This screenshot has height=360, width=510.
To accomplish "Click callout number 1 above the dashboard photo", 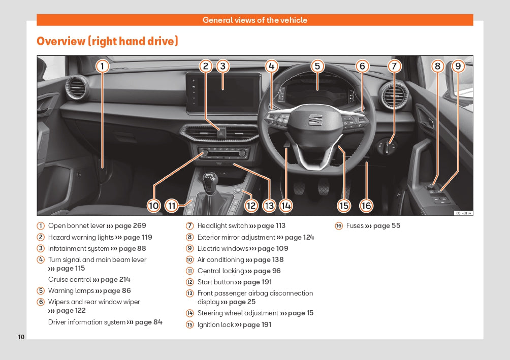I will (102, 66).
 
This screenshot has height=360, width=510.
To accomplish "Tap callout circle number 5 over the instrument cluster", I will (317, 66).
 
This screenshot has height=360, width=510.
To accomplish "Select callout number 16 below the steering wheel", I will (366, 205).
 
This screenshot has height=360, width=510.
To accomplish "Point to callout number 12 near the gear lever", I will (251, 205).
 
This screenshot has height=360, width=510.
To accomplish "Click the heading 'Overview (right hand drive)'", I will (107, 41).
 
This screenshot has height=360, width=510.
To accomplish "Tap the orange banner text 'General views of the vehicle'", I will (254, 20).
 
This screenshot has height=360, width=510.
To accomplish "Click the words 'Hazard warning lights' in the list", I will (81, 237).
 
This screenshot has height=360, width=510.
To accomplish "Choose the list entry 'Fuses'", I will (355, 226).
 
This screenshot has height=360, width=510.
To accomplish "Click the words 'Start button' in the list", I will (215, 282).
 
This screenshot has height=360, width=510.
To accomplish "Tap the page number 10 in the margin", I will (21, 337).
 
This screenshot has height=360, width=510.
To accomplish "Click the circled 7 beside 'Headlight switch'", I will (190, 226).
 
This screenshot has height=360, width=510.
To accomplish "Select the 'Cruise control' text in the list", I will (70, 279).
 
